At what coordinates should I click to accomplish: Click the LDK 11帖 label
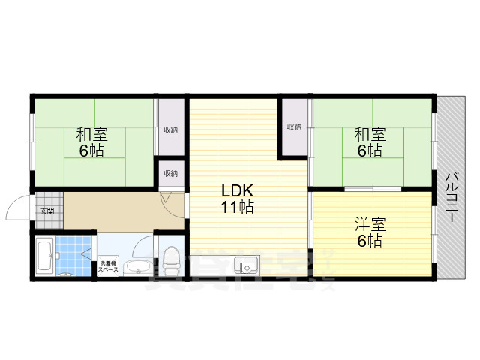(235, 199)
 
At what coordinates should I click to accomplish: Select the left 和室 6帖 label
(92, 142)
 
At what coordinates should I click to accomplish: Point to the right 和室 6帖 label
(369, 142)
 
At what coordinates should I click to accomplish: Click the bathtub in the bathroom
(43, 257)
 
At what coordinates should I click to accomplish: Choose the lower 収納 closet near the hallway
(171, 173)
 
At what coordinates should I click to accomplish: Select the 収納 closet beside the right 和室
(293, 127)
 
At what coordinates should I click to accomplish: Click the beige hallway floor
(120, 211)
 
